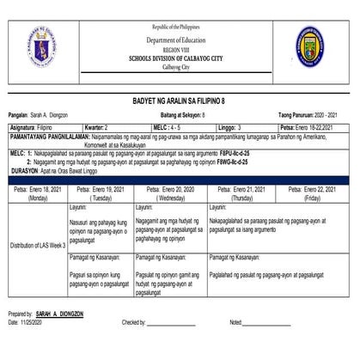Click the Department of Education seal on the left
[x=42, y=46]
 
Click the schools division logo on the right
[x=315, y=46]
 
